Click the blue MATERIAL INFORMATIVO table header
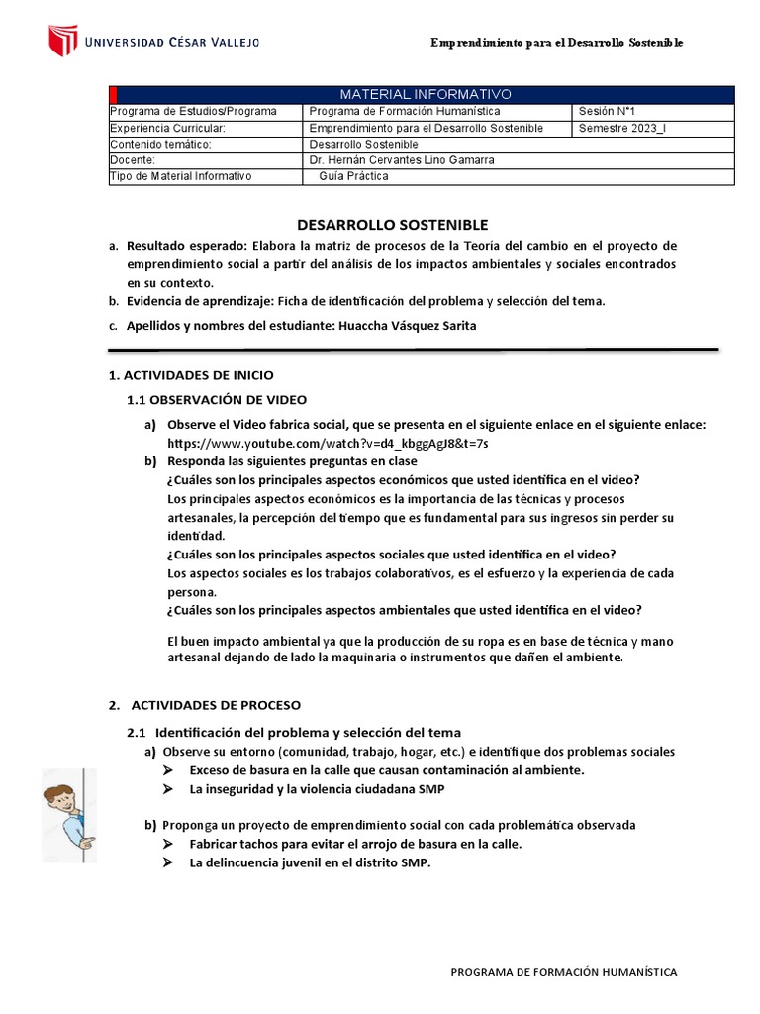[426, 94]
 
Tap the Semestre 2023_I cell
[622, 128]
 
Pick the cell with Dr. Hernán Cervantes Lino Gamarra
[402, 159]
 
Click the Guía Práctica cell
[354, 176]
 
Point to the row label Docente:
[134, 159]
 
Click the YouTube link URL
[328, 443]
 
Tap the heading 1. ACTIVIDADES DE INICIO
[190, 375]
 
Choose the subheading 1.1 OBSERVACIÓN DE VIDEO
[217, 399]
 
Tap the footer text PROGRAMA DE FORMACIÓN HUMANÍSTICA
[564, 972]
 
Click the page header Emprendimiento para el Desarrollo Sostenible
[556, 43]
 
